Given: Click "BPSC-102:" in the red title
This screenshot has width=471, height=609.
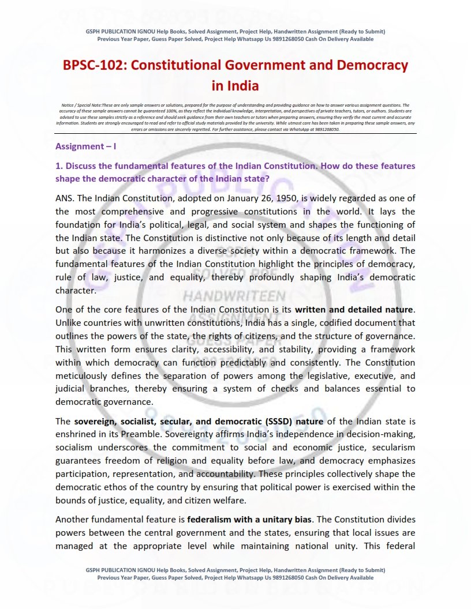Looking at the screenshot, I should click(x=94, y=65).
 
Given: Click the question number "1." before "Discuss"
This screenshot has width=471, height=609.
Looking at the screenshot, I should click(x=59, y=166).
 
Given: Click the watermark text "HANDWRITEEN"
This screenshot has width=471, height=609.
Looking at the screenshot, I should click(x=234, y=296).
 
